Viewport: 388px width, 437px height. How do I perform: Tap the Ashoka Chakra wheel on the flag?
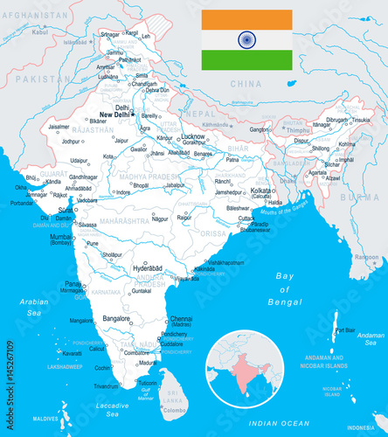pyautogui.click(x=246, y=39)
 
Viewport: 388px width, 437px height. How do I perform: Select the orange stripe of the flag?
pyautogui.click(x=246, y=19)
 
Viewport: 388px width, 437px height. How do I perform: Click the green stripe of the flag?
pyautogui.click(x=246, y=59)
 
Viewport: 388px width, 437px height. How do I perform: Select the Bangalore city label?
pyautogui.click(x=117, y=318)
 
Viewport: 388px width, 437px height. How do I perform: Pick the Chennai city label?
pyautogui.click(x=182, y=319)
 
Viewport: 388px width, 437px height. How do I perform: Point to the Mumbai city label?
pyautogui.click(x=61, y=236)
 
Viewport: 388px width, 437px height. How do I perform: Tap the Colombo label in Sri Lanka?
pyautogui.click(x=176, y=409)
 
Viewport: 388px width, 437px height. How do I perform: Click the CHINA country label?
pyautogui.click(x=246, y=84)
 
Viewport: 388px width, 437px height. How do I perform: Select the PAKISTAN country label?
pyautogui.click(x=38, y=79)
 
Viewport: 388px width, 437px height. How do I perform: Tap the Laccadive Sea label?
pyautogui.click(x=111, y=410)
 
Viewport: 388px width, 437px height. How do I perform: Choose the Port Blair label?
pyautogui.click(x=346, y=330)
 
